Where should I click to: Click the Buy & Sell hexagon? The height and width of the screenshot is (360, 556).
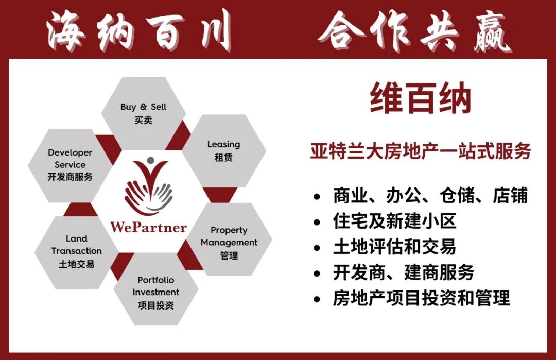[143, 113]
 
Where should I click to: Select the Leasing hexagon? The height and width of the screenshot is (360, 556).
[224, 151]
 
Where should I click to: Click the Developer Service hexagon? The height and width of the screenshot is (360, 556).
[70, 166]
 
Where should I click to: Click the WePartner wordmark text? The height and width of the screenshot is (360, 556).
[148, 227]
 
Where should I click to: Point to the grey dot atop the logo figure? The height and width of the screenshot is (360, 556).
[151, 160]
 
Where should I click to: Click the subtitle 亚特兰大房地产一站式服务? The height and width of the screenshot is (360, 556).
[421, 151]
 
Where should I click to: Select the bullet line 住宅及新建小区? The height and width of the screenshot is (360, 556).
[394, 221]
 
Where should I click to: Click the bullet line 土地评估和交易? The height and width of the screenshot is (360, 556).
[394, 247]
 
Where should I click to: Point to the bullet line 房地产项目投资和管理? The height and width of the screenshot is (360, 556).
[421, 298]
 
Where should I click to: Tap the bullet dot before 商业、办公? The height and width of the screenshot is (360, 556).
[317, 196]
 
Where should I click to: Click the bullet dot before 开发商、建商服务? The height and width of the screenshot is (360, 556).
[317, 273]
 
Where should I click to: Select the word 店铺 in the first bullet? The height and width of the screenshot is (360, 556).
[510, 195]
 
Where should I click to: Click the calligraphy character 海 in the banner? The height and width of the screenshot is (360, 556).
[66, 31]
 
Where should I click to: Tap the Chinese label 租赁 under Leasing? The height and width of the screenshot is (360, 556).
[223, 157]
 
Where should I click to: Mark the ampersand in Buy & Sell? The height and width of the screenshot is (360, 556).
[143, 107]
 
